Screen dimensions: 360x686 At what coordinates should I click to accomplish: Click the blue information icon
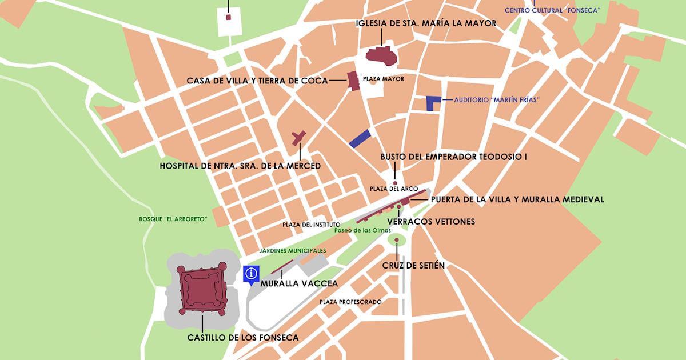(x=251, y=274)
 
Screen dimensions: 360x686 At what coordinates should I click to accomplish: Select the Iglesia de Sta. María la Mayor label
(x=425, y=23)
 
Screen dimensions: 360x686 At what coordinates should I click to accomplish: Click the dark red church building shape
(x=381, y=56)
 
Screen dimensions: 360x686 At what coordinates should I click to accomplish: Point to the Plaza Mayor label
(x=383, y=79)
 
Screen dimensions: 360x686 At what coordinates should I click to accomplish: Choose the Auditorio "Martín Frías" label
(x=497, y=99)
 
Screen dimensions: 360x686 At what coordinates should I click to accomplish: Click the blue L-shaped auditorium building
(x=432, y=103)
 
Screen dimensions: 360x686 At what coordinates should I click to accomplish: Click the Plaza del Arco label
(x=394, y=189)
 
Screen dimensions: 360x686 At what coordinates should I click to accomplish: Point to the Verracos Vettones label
(x=431, y=221)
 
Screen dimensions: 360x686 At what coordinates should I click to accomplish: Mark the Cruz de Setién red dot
(x=396, y=240)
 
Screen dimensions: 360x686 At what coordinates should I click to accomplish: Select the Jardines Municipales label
(x=292, y=250)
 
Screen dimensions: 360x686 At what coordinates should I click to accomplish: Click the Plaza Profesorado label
(x=350, y=302)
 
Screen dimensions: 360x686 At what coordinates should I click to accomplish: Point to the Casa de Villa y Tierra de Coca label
(x=257, y=81)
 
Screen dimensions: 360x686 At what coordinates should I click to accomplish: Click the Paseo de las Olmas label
(x=363, y=230)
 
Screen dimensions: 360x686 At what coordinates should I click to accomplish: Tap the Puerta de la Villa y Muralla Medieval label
(x=517, y=199)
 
